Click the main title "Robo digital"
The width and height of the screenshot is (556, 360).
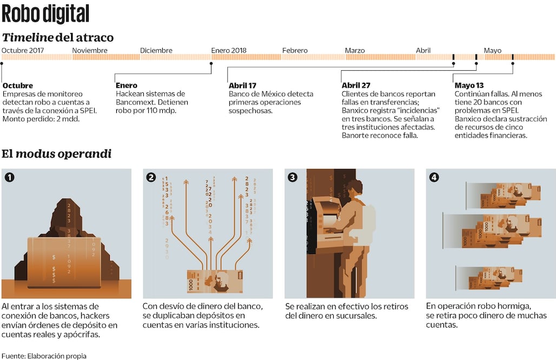click(45, 13)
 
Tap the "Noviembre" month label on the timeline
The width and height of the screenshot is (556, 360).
click(90, 50)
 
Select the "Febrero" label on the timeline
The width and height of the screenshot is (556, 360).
click(294, 50)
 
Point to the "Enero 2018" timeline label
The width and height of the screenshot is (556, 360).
click(228, 50)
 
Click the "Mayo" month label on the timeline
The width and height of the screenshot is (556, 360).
click(492, 50)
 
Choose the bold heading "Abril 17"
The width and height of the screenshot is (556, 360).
click(242, 85)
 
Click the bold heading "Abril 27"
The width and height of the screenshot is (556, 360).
click(356, 85)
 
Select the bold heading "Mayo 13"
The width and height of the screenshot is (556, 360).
click(469, 85)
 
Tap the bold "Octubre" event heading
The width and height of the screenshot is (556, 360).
click(18, 85)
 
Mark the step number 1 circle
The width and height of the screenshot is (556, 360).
click(10, 177)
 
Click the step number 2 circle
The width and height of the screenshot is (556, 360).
click(151, 177)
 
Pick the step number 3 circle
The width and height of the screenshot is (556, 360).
click(293, 177)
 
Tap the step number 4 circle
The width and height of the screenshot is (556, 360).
click(434, 177)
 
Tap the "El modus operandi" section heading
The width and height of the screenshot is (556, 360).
click(56, 154)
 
